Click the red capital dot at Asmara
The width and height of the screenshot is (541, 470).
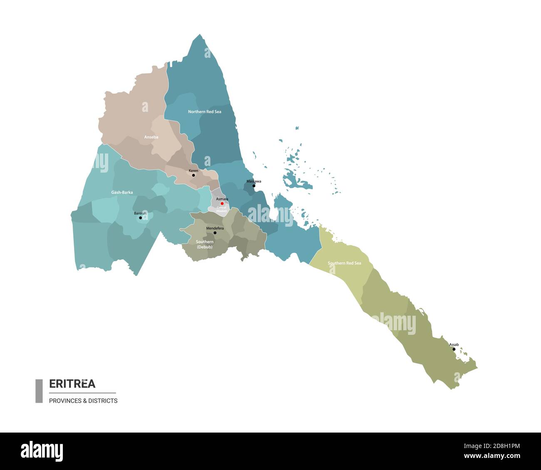222,204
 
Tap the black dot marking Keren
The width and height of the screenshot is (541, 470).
194,176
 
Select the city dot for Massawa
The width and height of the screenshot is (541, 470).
254,186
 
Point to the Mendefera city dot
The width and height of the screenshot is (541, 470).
215,233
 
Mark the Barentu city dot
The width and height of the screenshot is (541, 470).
140,218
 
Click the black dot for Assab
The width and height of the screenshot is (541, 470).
454,349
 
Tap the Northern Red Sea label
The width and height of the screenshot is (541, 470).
204,112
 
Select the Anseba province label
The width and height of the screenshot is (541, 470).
151,137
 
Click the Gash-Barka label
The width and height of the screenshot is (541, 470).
122,193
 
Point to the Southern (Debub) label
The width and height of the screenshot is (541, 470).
204,245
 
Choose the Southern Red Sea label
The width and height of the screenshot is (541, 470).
344,263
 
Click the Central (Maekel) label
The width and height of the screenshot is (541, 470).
221,209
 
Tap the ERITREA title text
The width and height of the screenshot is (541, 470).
72,383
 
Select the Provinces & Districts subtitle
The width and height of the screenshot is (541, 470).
83,401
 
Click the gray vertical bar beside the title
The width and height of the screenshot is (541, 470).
39,391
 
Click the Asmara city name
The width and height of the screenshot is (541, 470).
222,199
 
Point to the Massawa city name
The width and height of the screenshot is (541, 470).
254,181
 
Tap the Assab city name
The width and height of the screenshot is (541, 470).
454,345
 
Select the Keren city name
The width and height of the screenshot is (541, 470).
194,171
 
